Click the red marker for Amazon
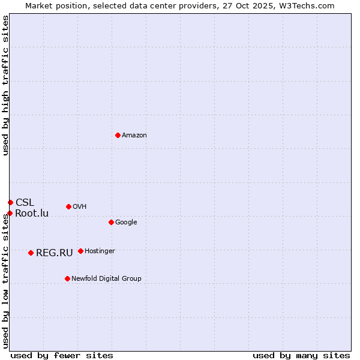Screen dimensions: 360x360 coord(118,135)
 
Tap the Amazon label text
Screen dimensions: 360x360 coord(134,136)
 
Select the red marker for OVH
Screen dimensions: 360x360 coord(68,206)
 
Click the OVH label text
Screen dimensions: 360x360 coord(80,207)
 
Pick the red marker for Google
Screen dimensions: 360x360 coord(111,222)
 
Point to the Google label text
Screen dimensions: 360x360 coord(126,223)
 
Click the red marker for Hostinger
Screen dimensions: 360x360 coord(80,251)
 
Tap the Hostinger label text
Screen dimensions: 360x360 coord(100,251)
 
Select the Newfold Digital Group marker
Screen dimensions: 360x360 coord(67,278)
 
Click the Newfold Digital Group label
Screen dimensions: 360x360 coord(106,279)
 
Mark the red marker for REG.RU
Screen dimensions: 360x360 coord(31,253)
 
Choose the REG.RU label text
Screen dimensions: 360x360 coord(54,253)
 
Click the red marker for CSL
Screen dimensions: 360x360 coord(10,202)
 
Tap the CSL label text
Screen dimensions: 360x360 coord(25,203)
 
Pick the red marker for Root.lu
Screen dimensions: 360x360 coord(10,213)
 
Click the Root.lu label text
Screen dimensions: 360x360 coord(32,214)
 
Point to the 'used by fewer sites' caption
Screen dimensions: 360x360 coord(62,355)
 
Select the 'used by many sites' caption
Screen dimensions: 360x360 coord(301,355)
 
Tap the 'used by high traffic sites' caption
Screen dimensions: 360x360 coord(6,85)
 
